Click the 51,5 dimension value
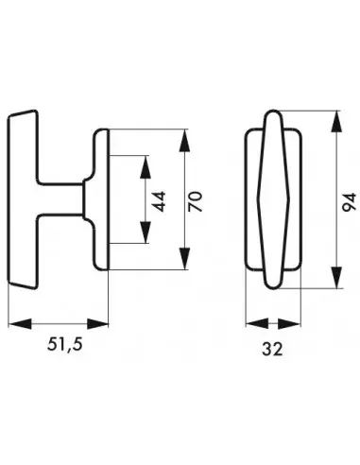point(65,344)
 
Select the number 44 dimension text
point(159,201)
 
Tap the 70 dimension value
point(196,201)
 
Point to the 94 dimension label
point(350,202)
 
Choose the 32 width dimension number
point(272,349)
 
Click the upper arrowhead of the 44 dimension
point(146,167)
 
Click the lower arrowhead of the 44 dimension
point(146,232)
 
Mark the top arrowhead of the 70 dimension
point(184,141)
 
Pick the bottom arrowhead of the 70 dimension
point(184,258)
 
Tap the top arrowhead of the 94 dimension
point(336,122)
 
